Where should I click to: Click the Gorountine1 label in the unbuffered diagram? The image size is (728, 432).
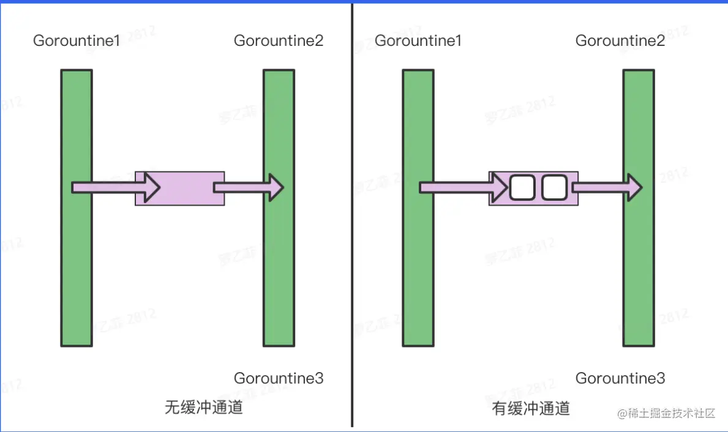77,41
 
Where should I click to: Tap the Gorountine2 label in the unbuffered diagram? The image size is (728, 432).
279,41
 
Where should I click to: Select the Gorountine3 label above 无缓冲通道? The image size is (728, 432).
279,378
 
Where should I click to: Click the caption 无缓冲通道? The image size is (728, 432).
204,408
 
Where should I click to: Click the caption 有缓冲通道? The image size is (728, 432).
531,409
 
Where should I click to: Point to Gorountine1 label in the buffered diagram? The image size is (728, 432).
418,41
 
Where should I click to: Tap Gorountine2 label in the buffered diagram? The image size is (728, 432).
620,41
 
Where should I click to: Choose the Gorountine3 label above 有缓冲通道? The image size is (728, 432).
620,378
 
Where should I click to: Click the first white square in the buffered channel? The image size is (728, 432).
522,188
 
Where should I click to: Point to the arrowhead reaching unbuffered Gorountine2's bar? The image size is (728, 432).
276,187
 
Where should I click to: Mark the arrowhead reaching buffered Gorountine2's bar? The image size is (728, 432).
634,187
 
